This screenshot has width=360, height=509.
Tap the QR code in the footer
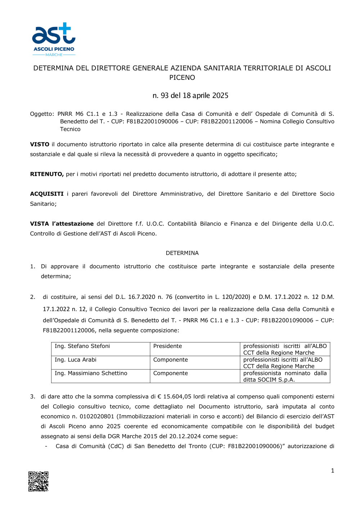(x=39, y=481)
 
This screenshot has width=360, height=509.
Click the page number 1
(x=332, y=471)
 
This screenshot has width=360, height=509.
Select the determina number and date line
(x=190, y=96)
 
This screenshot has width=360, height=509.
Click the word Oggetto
(x=42, y=114)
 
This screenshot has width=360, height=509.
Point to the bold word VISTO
(x=40, y=144)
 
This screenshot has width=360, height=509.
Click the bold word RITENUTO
(x=47, y=174)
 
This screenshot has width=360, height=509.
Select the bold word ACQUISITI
(x=47, y=194)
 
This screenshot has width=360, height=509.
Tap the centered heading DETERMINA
(x=182, y=253)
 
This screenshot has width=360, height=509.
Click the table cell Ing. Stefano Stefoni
(x=82, y=346)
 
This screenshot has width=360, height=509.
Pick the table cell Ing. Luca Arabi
(x=76, y=360)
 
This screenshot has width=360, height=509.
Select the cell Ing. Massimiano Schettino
(x=91, y=373)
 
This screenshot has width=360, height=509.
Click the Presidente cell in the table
(x=167, y=346)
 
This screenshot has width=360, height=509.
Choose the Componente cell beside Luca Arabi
(x=170, y=360)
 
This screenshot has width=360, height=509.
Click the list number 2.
(x=32, y=297)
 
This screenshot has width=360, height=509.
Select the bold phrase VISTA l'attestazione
(x=62, y=224)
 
